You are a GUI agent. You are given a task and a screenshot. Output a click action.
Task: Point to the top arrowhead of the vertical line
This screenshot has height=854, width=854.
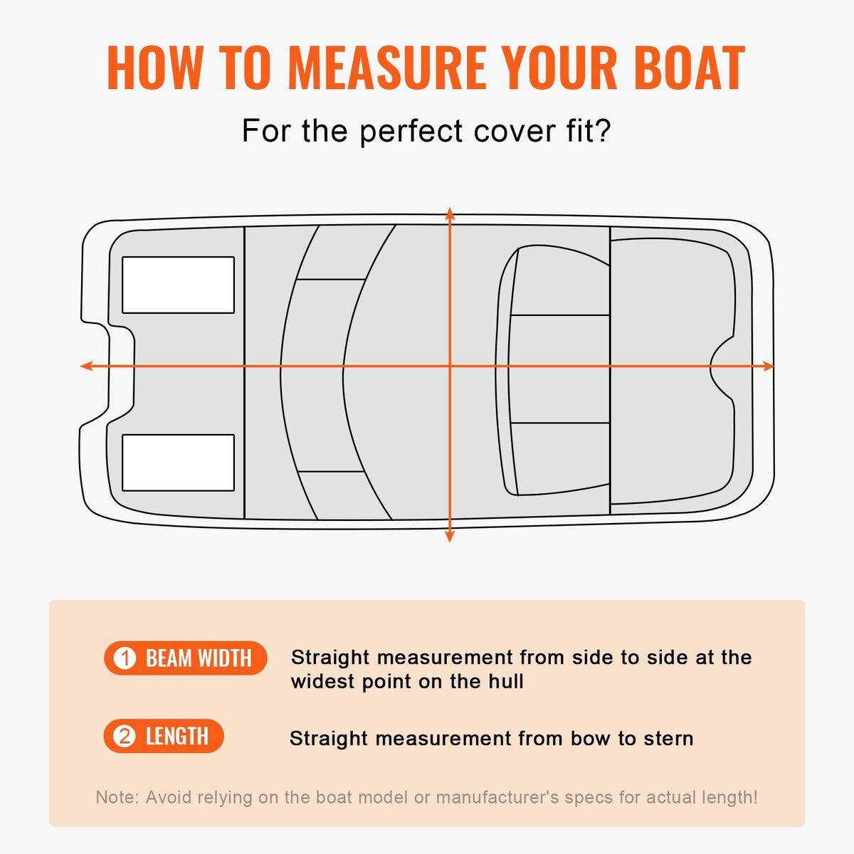click(449, 212)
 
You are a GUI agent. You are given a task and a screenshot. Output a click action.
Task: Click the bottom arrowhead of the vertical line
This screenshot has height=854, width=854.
click(449, 537)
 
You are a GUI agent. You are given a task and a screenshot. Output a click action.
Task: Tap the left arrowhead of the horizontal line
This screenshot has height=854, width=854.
click(85, 366)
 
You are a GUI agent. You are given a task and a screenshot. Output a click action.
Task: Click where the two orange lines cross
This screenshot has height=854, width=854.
click(449, 366)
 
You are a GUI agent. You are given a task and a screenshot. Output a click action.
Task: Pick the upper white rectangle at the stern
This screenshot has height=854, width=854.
click(178, 285)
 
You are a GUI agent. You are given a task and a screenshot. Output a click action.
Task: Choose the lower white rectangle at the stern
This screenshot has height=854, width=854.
click(178, 463)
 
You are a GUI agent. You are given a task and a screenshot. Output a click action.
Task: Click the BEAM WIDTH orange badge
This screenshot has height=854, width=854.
click(186, 658)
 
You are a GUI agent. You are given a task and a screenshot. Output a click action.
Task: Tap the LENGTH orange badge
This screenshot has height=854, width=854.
click(164, 736)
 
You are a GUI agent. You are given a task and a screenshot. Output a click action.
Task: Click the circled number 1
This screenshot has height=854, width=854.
click(125, 658)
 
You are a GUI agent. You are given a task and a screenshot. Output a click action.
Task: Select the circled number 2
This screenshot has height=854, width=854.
click(125, 736)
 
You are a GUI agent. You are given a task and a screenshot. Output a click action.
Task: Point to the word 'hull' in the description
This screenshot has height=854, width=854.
click(505, 682)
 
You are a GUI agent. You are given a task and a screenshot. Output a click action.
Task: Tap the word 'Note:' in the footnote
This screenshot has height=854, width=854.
click(117, 797)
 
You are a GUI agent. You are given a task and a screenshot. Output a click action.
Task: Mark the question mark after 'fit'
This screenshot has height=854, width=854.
click(602, 132)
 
